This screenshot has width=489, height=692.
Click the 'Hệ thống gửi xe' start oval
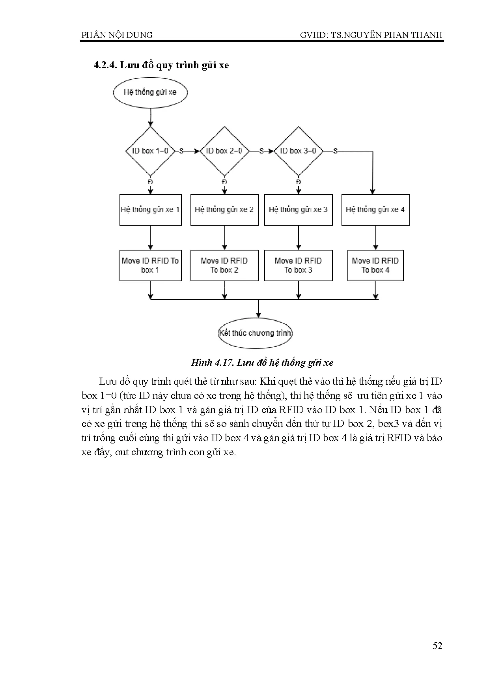(x=150, y=92)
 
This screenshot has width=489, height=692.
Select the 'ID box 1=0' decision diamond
(x=150, y=151)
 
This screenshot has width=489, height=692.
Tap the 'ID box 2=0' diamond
(x=224, y=151)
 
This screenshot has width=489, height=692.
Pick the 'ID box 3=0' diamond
(x=298, y=151)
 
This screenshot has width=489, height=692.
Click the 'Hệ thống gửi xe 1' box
(x=151, y=210)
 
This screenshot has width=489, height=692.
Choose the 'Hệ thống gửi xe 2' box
(x=224, y=210)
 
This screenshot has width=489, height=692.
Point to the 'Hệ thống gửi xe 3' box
(x=299, y=210)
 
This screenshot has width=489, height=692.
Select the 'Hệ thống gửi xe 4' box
(x=375, y=210)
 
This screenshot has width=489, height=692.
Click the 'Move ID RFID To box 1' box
(x=151, y=266)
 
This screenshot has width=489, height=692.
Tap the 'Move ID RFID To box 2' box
(x=224, y=266)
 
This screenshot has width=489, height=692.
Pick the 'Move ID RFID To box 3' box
(x=299, y=266)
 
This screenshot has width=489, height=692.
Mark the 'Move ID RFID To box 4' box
(x=375, y=266)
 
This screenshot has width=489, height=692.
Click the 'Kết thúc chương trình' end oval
(x=256, y=333)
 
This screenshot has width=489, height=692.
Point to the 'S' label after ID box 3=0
(x=336, y=151)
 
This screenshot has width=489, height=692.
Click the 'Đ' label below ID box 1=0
(x=150, y=182)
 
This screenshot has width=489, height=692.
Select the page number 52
(x=437, y=646)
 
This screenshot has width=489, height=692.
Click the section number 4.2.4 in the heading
(x=105, y=65)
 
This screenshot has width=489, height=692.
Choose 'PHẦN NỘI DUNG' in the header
(x=117, y=35)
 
